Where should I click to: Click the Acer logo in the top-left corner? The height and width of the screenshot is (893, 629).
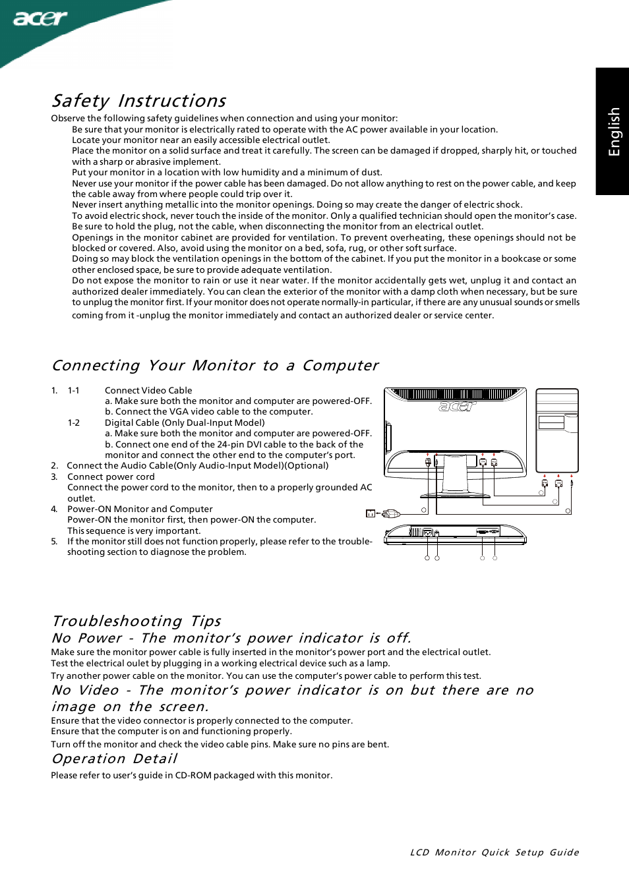coord(40,18)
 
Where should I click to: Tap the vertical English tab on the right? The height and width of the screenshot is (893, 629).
coord(613,131)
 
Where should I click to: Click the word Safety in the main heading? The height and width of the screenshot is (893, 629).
coord(80,101)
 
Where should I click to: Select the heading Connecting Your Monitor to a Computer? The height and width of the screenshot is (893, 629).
coord(215,366)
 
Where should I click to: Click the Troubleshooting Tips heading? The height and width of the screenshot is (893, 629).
coord(136,621)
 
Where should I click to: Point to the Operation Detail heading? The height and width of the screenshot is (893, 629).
coord(114,759)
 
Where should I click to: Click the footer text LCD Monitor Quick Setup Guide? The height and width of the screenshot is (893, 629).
coord(494,852)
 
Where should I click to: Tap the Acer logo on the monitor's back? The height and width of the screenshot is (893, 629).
coord(456,407)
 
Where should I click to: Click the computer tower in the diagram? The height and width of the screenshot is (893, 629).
coord(556,432)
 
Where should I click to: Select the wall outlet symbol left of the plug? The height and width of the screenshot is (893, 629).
coord(371,513)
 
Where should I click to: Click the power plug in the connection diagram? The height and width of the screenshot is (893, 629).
coord(391,513)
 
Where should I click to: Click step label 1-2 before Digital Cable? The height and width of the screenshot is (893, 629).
coord(73,423)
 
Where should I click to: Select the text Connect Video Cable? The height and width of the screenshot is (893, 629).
coord(148,391)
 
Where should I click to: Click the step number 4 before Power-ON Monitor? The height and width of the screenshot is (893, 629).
coord(54,509)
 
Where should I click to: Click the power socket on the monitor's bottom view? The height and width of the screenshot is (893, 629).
coord(427,533)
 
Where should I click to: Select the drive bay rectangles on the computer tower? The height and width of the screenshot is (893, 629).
coord(551,422)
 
